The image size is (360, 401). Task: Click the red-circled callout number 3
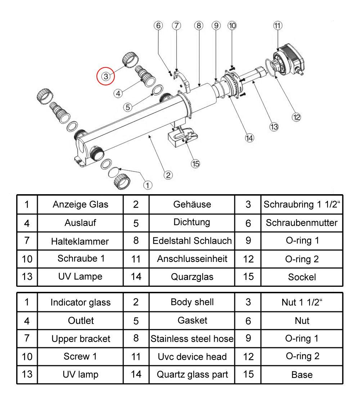tap(105, 76)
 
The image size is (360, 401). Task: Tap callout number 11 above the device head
tap(278, 26)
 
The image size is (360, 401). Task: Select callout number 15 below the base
tap(195, 164)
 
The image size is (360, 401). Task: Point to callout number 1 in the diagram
tap(148, 185)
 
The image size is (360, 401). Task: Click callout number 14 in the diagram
tap(249, 138)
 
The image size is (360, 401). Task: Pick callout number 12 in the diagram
tap(296, 117)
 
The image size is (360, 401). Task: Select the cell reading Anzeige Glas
tap(80, 205)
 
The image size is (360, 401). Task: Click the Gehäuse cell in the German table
tap(192, 204)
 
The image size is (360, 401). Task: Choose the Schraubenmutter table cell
tap(302, 223)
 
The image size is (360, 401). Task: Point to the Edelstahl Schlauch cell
tap(192, 241)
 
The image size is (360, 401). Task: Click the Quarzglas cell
tap(192, 277)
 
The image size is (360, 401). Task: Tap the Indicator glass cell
tap(80, 302)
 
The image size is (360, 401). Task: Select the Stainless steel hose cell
tap(192, 339)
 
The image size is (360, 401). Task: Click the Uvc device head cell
tap(192, 357)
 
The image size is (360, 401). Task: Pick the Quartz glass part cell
tap(192, 374)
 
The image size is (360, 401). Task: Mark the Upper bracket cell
tap(80, 339)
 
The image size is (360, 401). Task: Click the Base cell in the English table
tap(302, 375)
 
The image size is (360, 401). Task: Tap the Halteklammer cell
tap(80, 241)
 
